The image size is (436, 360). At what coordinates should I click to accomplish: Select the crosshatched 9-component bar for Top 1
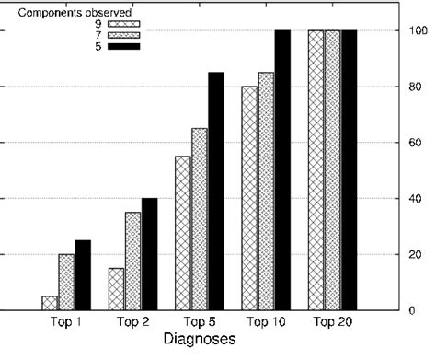pyautogui.click(x=50, y=303)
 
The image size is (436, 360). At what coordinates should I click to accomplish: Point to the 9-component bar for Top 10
pyautogui.click(x=249, y=198)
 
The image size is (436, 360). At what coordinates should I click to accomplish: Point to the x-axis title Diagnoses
pyautogui.click(x=193, y=340)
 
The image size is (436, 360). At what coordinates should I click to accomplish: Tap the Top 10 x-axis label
pyautogui.click(x=266, y=322)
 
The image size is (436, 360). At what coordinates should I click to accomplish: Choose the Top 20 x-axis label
pyautogui.click(x=331, y=322)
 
